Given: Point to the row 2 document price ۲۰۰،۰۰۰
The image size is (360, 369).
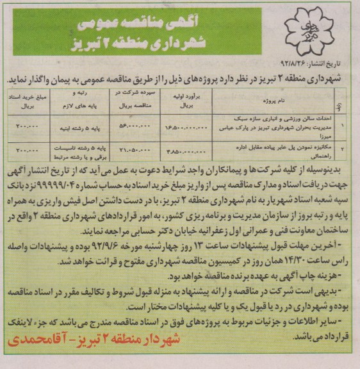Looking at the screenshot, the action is (29, 152).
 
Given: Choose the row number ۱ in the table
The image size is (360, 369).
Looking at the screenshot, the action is (347, 126).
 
